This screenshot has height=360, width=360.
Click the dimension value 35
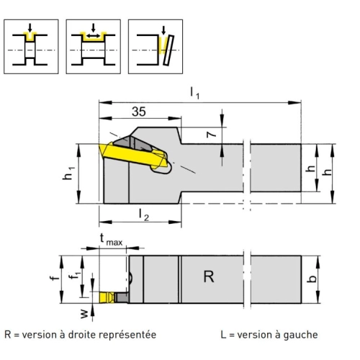(x=139, y=112)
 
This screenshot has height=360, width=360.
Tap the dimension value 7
(x=211, y=134)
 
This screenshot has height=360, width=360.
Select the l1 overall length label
(x=194, y=93)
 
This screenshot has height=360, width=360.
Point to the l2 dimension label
(x=144, y=215)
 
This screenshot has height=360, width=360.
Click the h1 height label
(x=68, y=174)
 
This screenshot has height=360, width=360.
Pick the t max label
(x=111, y=240)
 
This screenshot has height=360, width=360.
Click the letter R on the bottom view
(x=209, y=276)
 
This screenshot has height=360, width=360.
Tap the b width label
(x=312, y=279)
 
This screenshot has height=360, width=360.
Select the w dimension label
(x=84, y=314)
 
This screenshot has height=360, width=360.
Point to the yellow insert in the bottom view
(x=107, y=297)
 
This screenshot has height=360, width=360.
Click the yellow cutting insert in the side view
(x=132, y=155)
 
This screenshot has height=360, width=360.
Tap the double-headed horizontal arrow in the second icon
(x=94, y=36)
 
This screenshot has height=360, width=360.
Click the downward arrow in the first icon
(x=30, y=28)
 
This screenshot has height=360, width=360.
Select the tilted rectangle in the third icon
(x=168, y=50)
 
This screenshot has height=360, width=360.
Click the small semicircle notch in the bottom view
(x=130, y=278)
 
